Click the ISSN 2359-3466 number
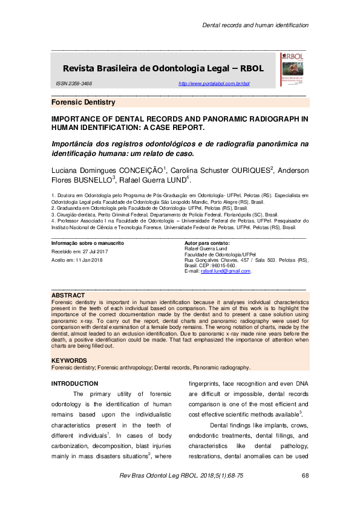(74, 83)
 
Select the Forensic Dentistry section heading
(83, 103)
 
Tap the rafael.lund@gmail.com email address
(209, 271)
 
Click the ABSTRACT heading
(68, 295)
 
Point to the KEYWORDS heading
(70, 361)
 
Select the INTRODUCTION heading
(74, 383)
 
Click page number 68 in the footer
(305, 476)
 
